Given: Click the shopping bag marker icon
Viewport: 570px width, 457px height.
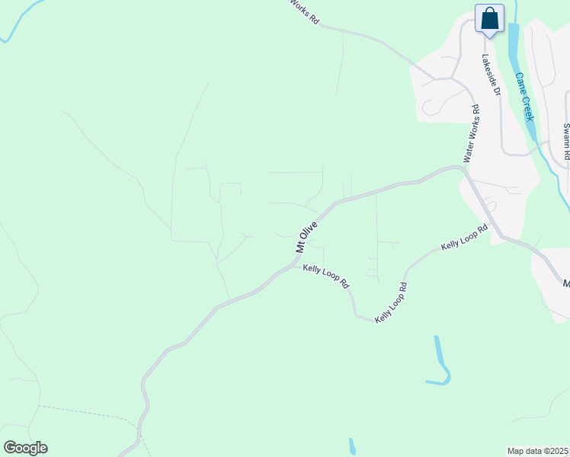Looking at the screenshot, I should (x=489, y=18).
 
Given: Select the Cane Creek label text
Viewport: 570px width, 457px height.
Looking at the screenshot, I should (x=524, y=97).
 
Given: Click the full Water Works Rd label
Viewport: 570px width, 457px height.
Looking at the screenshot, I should (x=472, y=137).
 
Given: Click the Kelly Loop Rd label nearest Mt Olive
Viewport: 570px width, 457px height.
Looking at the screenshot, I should (x=325, y=276).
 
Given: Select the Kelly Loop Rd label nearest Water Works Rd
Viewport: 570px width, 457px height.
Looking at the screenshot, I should (x=464, y=238).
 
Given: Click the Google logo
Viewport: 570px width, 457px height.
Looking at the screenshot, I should (x=25, y=448).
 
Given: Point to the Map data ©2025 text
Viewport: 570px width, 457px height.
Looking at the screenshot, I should (x=538, y=451).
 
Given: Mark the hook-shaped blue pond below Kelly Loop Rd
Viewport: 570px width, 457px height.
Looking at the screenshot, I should (x=440, y=364).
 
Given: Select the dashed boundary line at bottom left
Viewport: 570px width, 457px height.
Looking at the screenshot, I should (x=84, y=412).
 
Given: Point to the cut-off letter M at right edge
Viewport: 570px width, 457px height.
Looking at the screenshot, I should (x=566, y=283).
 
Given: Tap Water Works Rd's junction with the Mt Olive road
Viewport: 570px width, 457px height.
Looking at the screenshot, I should (x=463, y=170).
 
